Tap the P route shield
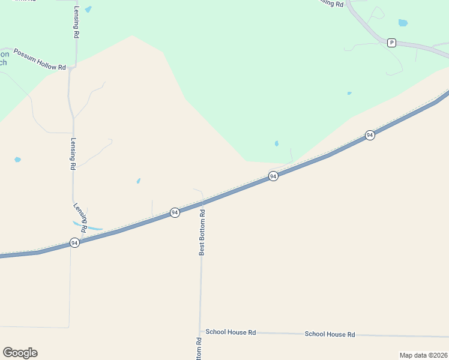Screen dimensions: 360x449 click(x=391, y=42)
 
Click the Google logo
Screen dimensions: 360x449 click(x=20, y=353)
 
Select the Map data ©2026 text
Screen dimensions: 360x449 click(x=424, y=355)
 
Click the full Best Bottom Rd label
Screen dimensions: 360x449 click(x=202, y=233)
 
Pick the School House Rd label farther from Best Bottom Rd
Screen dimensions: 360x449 click(x=330, y=334)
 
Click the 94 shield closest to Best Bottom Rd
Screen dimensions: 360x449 click(x=175, y=212)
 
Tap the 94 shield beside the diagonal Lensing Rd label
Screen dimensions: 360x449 click(x=74, y=242)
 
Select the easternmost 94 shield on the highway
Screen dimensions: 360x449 click(x=370, y=135)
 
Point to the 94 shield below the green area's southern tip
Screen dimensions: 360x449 click(x=273, y=176)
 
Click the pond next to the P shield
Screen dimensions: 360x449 click(x=403, y=23)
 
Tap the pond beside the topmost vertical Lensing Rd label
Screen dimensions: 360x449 click(x=89, y=10)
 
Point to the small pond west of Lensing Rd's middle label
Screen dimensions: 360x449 click(x=17, y=160)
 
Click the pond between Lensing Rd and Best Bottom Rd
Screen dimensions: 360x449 click(x=138, y=181)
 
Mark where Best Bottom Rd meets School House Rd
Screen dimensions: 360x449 click(x=200, y=331)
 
